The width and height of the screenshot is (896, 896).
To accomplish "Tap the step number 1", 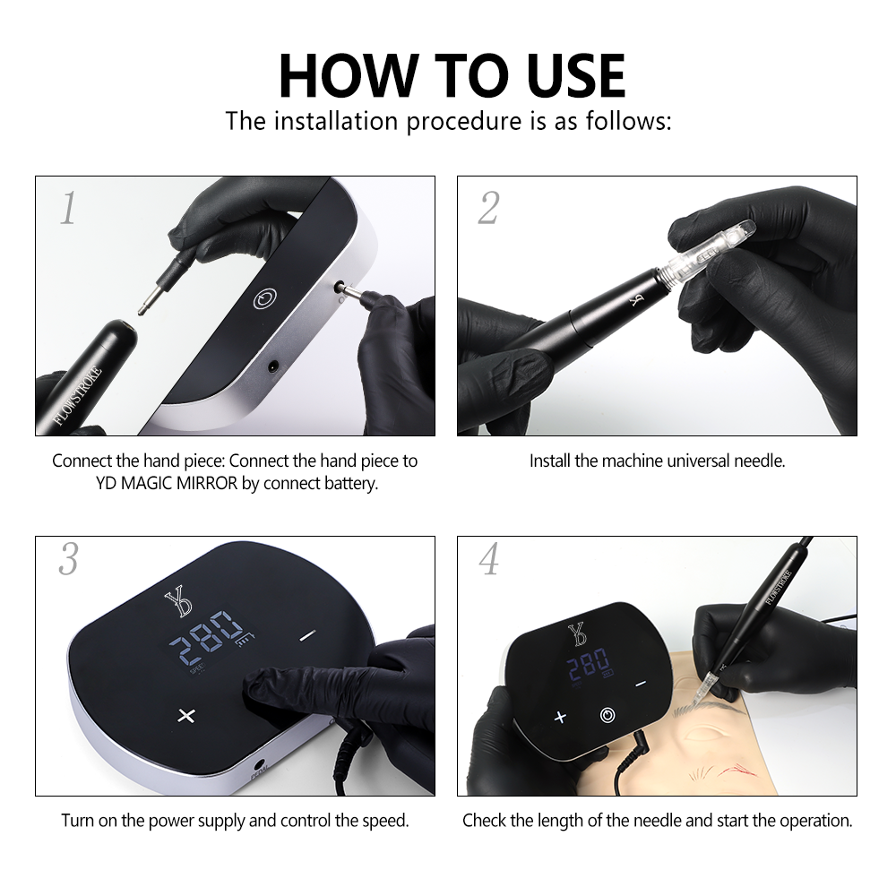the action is point(69,208).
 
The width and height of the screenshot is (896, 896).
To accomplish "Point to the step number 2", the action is point(489,208).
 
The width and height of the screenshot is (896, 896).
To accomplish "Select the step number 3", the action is point(69,559).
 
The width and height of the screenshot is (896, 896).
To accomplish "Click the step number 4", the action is point(489,559).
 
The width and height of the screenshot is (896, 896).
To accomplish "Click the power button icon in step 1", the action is point(265,298).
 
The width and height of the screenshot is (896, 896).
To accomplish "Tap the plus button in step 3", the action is point(186,715).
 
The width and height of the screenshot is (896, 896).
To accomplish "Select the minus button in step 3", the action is point(307,635).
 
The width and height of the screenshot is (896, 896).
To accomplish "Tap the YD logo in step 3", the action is point(177,602).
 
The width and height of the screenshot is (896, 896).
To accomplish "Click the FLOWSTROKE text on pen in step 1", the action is point(77,395).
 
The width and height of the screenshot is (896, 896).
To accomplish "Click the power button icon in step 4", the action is point(607,715).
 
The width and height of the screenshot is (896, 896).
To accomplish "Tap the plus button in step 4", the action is point(560,717).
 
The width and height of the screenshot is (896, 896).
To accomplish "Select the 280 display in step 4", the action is point(588,663).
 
